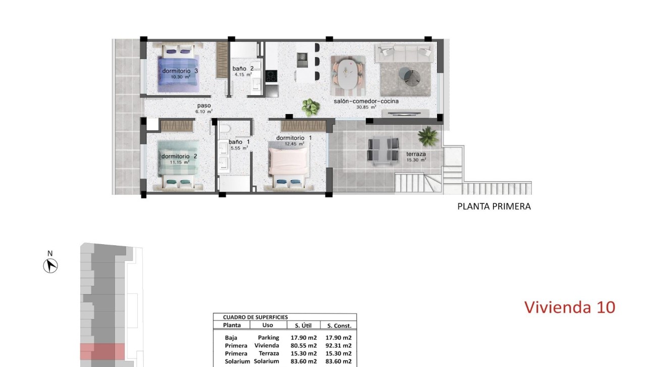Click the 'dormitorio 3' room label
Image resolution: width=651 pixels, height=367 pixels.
pyautogui.click(x=180, y=71)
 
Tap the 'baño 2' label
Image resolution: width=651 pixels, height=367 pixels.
pyautogui.click(x=243, y=69)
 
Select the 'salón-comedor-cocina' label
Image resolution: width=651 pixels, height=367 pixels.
pyautogui.click(x=366, y=101)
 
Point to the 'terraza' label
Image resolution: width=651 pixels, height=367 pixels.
pyautogui.click(x=416, y=154)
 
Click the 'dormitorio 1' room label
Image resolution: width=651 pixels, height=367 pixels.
pyautogui.click(x=294, y=138)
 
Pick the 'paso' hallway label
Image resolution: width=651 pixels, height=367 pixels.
pyautogui.click(x=204, y=106)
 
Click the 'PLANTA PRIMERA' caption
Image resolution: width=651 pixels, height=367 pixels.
pyautogui.click(x=494, y=206)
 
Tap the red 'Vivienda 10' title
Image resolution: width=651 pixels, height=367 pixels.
pyautogui.click(x=569, y=307)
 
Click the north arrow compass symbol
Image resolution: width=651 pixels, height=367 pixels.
pyautogui.click(x=50, y=265)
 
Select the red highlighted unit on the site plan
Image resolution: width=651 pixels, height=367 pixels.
pyautogui.click(x=102, y=351)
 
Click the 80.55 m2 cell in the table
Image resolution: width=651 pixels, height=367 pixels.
pyautogui.click(x=303, y=346)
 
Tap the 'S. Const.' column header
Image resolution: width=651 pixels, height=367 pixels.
pyautogui.click(x=339, y=326)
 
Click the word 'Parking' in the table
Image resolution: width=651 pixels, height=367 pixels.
pyautogui.click(x=268, y=338)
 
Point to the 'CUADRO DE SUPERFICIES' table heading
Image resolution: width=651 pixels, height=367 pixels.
pyautogui.click(x=255, y=317)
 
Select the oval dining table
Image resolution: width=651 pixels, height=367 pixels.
pyautogui.click(x=347, y=73)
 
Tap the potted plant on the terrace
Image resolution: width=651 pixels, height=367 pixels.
pyautogui.click(x=428, y=135)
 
